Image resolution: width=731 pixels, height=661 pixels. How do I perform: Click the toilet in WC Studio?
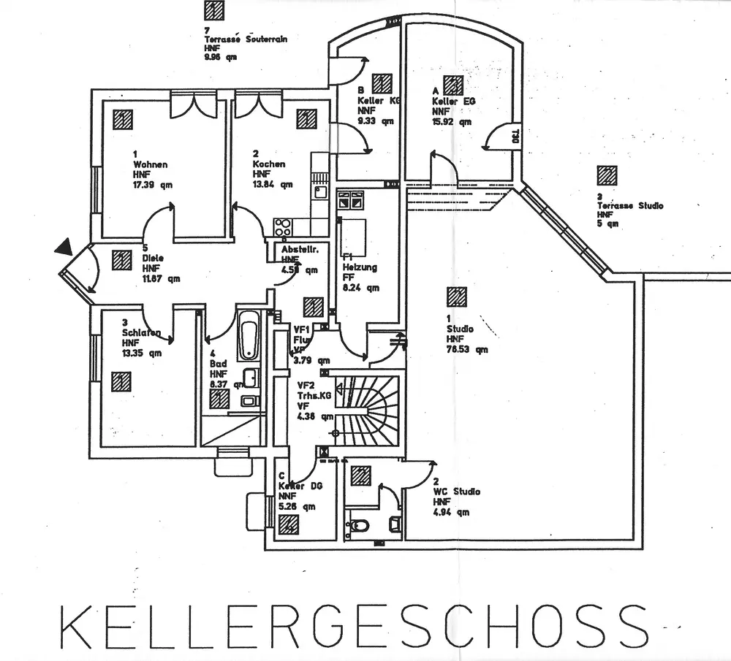tap(359, 524)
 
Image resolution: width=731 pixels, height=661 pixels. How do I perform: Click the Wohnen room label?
tap(150, 164)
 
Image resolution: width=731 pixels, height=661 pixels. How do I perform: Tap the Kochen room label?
tap(269, 164)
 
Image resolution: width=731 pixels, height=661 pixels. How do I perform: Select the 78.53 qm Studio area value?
tap(467, 350)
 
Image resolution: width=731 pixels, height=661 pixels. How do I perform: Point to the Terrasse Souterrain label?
tap(245, 39)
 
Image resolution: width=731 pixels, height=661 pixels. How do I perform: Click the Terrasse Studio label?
tap(629, 206)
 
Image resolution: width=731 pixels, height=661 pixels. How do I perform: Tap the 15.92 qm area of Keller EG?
tap(451, 123)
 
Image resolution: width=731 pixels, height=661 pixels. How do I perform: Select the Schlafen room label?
tap(141, 332)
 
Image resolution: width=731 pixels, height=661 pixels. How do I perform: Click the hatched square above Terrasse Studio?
tap(607, 175)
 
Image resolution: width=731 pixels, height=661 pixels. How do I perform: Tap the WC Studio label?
tap(456, 492)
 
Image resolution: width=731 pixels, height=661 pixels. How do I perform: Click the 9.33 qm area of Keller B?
tap(376, 121)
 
